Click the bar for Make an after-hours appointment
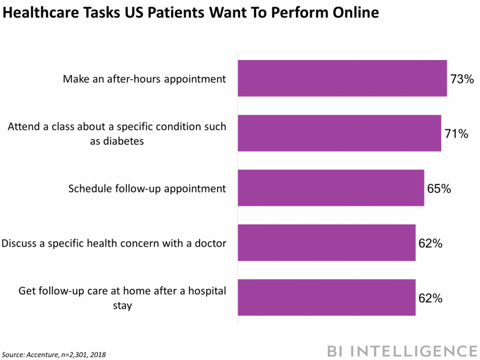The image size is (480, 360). (342, 78)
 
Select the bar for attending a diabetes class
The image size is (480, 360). (339, 133)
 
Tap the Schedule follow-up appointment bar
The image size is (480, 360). (331, 188)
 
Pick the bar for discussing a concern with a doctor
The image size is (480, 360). (327, 243)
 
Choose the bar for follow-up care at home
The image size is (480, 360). (327, 298)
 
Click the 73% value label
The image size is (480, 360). (462, 79)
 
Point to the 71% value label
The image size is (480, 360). (456, 134)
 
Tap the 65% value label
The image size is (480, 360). (439, 189)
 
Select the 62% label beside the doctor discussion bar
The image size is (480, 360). (430, 244)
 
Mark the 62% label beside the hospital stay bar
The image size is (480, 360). (430, 299)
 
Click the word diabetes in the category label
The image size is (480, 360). (117, 141)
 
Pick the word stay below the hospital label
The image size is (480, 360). (122, 306)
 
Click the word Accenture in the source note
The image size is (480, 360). (41, 354)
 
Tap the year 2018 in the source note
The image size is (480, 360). (97, 354)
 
